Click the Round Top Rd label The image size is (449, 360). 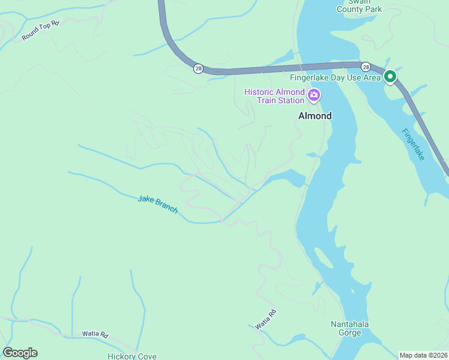41,31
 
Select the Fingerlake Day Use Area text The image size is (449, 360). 335,77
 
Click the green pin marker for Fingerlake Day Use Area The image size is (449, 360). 390,77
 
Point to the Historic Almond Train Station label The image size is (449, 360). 274,95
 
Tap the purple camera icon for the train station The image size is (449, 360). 313,95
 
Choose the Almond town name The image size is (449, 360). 315,116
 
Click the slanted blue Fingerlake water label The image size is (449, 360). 413,145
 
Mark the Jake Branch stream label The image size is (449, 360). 157,204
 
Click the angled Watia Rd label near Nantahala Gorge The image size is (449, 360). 265,319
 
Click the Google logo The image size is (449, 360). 20,353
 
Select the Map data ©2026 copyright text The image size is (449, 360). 424,355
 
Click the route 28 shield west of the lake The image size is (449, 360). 198,68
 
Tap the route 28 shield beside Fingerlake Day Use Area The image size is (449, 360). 365,67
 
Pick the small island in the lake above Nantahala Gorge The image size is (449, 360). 322,259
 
